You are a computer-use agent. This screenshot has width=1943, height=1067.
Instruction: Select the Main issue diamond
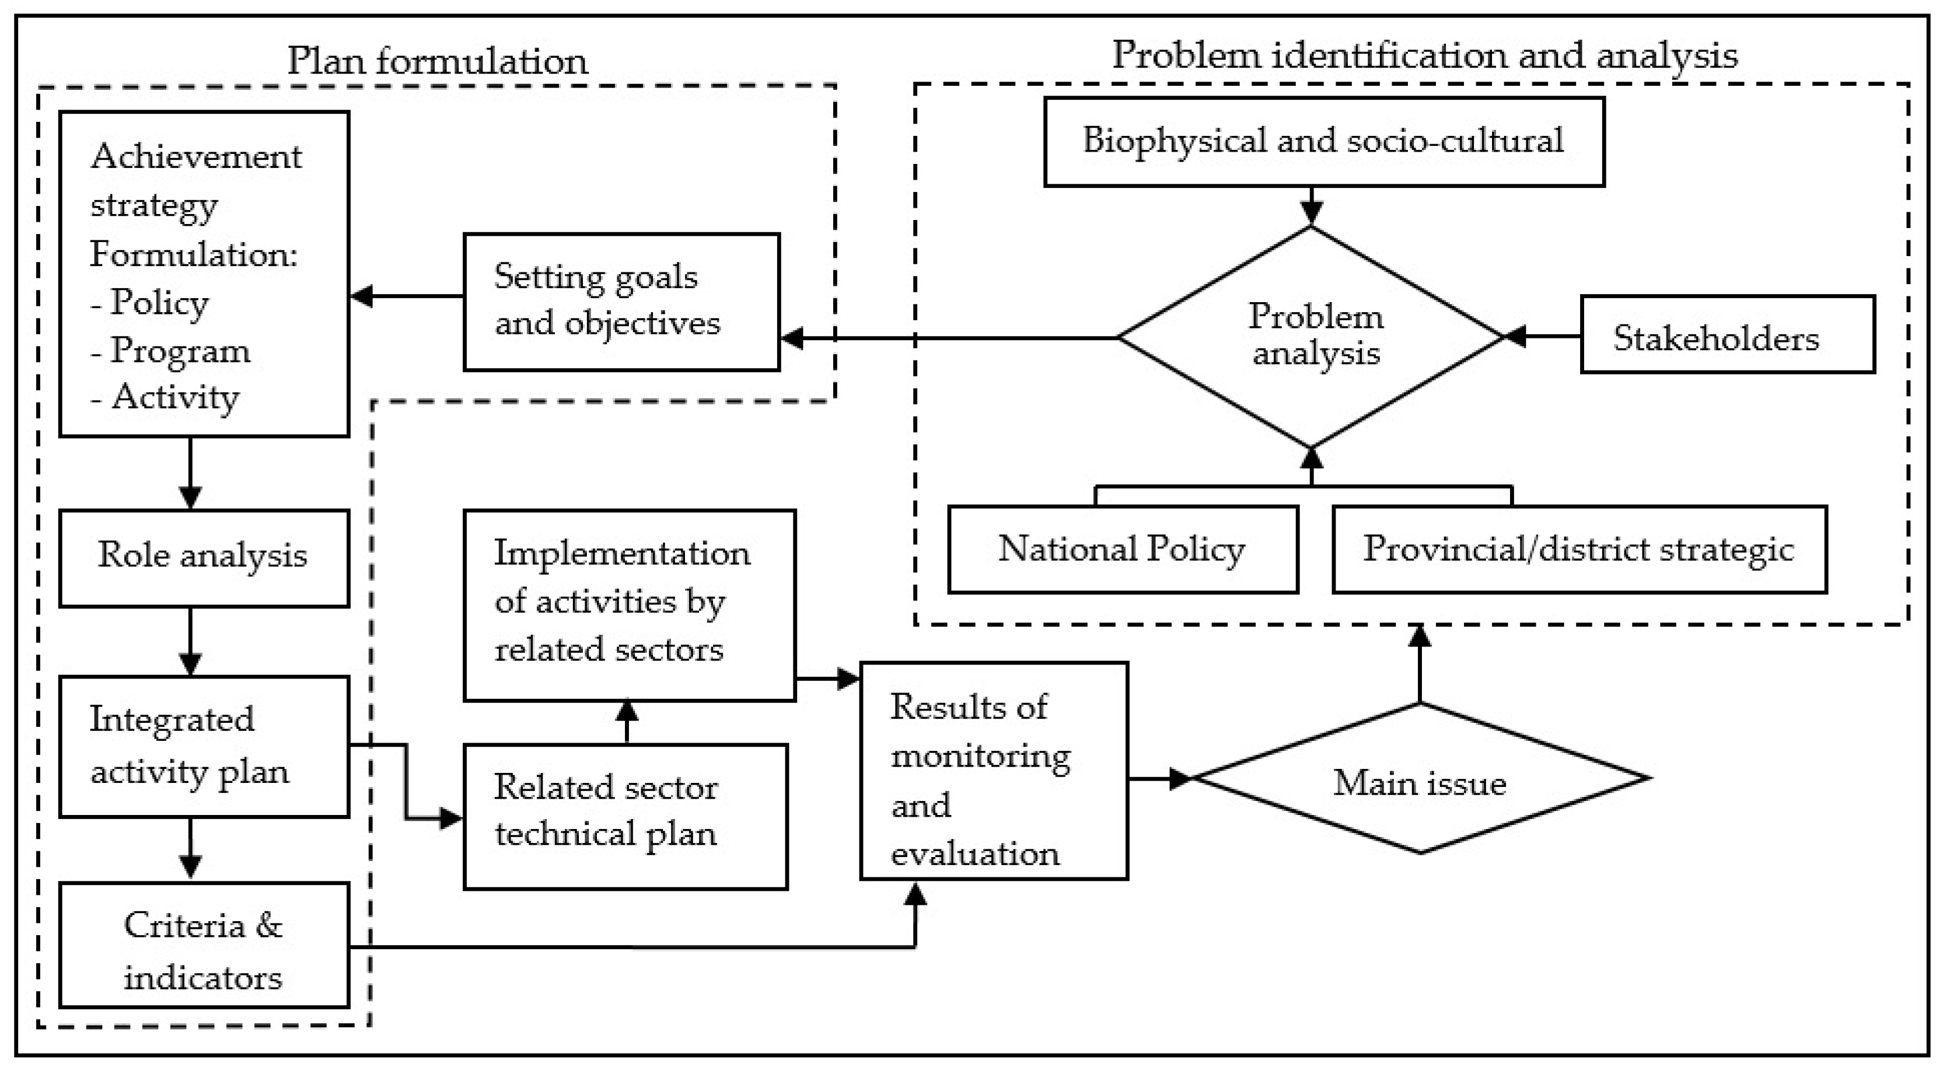tap(1420, 781)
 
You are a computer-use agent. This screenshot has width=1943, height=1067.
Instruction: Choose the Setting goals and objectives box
tap(621, 302)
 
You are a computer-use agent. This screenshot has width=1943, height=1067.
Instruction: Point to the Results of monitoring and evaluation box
tap(993, 771)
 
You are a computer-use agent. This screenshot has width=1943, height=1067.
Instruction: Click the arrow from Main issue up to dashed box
tap(1420, 663)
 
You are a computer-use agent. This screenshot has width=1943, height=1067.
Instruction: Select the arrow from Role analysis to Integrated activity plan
tap(190, 641)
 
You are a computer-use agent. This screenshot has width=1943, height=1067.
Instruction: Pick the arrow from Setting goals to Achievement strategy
tap(407, 296)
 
